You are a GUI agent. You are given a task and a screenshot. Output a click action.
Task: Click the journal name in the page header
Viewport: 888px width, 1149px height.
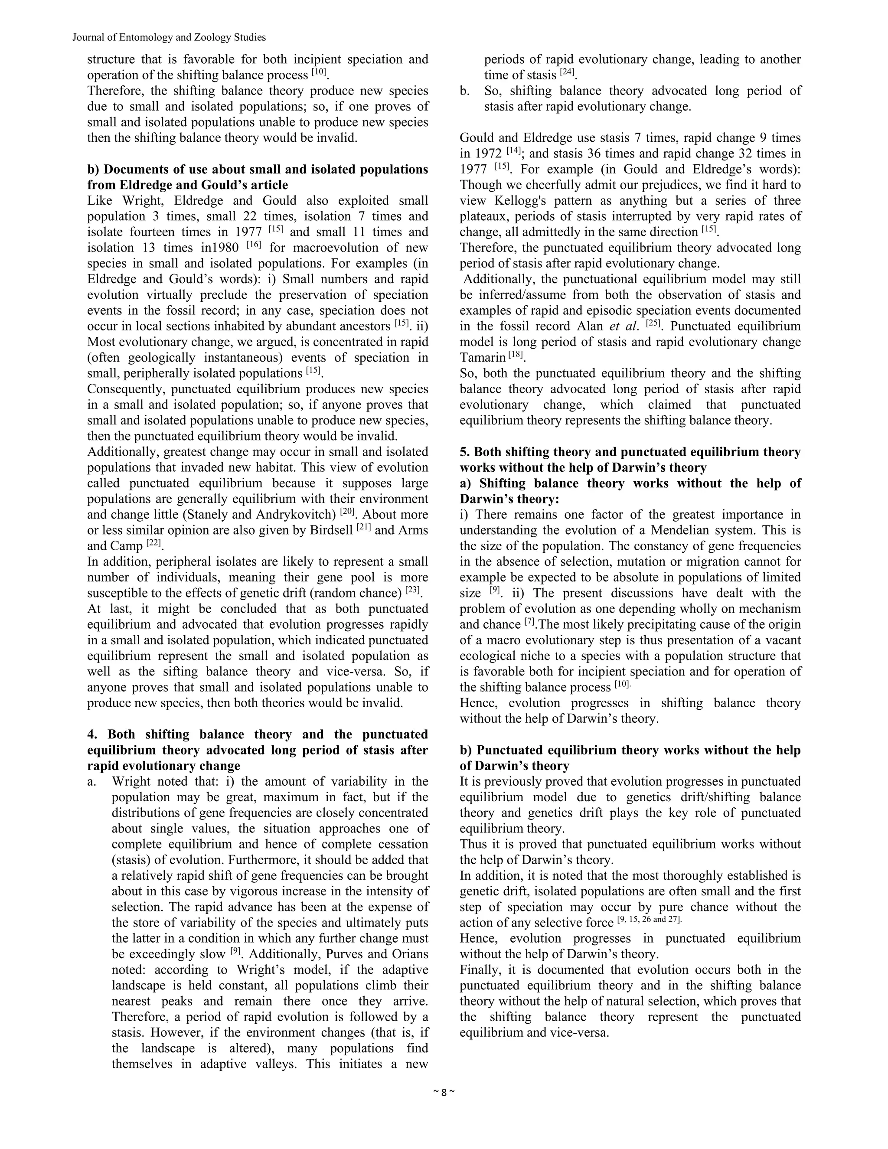[x=169, y=37]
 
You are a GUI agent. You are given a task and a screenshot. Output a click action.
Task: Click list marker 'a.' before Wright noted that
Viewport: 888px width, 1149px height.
[x=91, y=782]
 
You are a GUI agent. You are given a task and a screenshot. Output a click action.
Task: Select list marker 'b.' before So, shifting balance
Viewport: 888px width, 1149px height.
[x=464, y=91]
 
